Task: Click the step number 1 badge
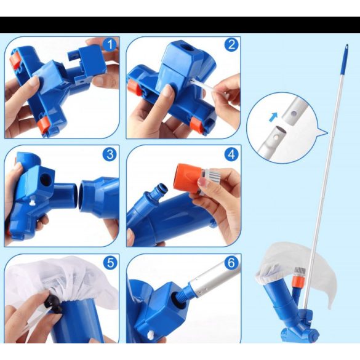tap(110, 44)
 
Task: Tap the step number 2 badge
tap(231, 44)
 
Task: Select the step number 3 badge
tap(110, 154)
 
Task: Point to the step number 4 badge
tap(231, 154)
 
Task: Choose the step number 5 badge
tap(110, 263)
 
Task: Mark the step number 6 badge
tap(231, 263)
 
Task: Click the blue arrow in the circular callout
tap(273, 117)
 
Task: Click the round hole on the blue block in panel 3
tap(46, 180)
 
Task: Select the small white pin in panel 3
tap(33, 202)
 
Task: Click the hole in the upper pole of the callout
tap(292, 113)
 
